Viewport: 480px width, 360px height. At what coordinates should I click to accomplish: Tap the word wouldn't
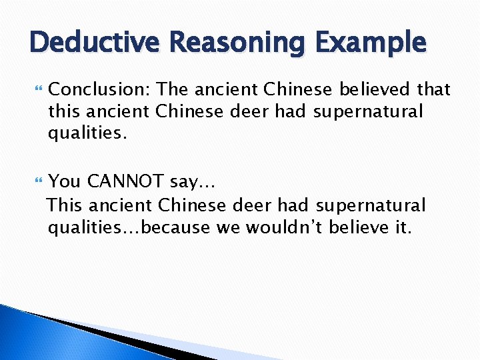pyautogui.click(x=287, y=228)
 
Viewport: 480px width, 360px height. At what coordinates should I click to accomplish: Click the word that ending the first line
pyautogui.click(x=433, y=89)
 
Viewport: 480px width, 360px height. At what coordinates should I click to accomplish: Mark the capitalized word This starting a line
pyautogui.click(x=66, y=205)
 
